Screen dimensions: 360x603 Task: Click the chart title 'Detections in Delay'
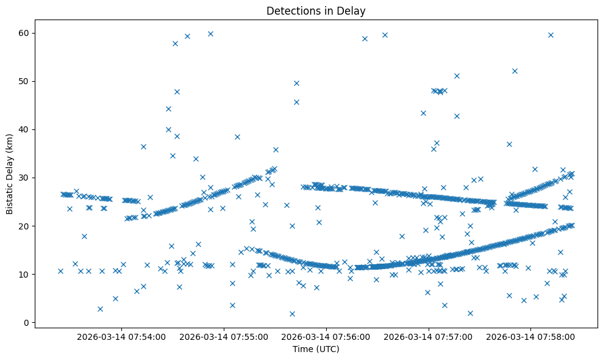click(x=316, y=10)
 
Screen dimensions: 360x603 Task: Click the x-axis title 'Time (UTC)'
click(x=316, y=349)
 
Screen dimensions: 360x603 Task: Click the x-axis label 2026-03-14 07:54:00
click(x=122, y=336)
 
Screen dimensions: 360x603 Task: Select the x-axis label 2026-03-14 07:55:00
click(x=224, y=336)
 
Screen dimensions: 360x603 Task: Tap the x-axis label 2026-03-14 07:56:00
click(x=326, y=336)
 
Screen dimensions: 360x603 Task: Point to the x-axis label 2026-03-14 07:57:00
click(x=429, y=336)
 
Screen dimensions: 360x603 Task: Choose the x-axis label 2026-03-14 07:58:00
click(x=530, y=336)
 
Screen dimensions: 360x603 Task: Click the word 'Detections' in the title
click(x=290, y=10)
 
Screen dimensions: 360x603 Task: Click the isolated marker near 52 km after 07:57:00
click(x=515, y=71)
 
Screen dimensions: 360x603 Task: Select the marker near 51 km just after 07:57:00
click(x=457, y=76)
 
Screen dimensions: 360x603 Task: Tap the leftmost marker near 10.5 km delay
click(x=60, y=271)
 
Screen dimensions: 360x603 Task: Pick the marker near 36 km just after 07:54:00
click(x=143, y=146)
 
